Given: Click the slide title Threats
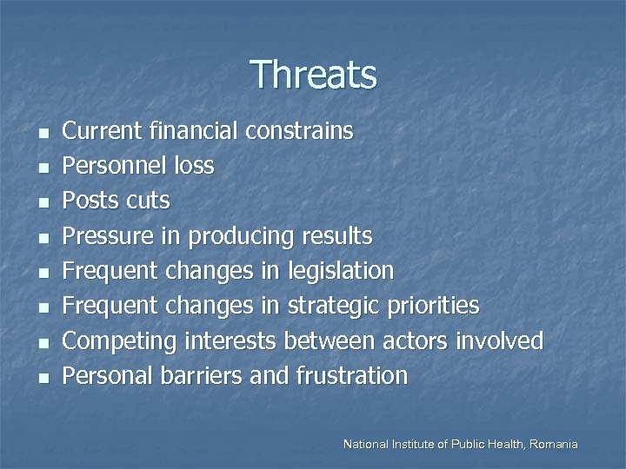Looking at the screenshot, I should [x=313, y=75].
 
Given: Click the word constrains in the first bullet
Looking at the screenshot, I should [x=299, y=131].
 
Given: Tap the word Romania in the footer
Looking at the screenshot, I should [x=550, y=444].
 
